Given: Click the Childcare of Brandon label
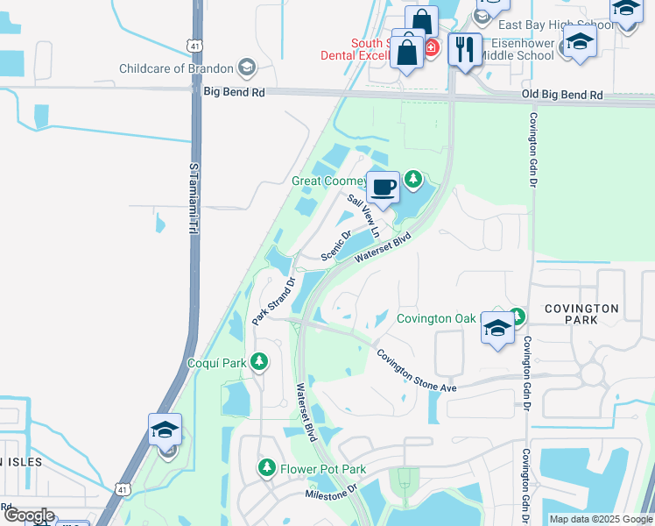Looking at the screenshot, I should tap(176, 68).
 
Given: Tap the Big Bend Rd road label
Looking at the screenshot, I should tap(233, 90).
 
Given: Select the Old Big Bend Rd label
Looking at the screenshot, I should tap(562, 95).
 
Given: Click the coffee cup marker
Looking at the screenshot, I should tap(382, 187).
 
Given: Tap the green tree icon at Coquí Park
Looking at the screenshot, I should tap(258, 361).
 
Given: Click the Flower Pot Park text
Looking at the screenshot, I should tap(322, 470).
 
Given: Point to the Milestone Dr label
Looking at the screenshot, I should tap(332, 495).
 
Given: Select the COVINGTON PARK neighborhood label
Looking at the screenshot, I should tap(581, 315).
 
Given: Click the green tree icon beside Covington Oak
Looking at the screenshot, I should tap(518, 316).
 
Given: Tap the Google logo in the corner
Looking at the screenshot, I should tap(28, 515).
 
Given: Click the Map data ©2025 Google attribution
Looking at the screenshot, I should tap(600, 519).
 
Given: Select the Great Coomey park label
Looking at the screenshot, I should tap(327, 181).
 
